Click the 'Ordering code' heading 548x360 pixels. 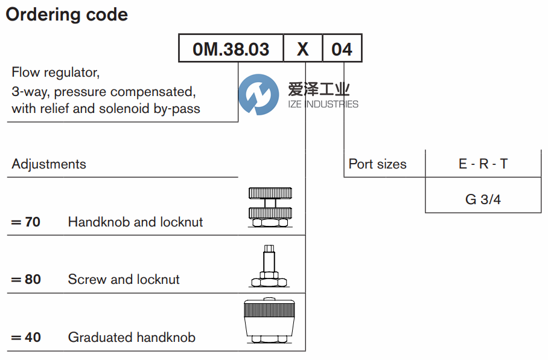point(67,14)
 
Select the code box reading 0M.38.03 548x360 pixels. point(231,49)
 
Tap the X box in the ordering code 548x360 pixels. point(303,49)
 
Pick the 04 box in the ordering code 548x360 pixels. point(342,49)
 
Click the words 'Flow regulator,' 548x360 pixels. point(56,72)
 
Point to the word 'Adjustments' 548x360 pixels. point(49,164)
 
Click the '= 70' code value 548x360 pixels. point(26,222)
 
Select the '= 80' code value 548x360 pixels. point(26,280)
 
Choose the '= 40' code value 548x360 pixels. point(26,338)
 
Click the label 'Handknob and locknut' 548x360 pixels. point(135,222)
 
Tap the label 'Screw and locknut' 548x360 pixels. point(124,280)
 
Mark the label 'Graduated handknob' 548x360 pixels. point(132,338)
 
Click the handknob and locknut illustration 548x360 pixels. point(270,207)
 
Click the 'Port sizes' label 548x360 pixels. point(378,164)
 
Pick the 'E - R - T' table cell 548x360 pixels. point(483,164)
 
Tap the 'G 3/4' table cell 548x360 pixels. point(483,199)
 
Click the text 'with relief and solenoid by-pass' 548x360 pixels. point(106,109)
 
